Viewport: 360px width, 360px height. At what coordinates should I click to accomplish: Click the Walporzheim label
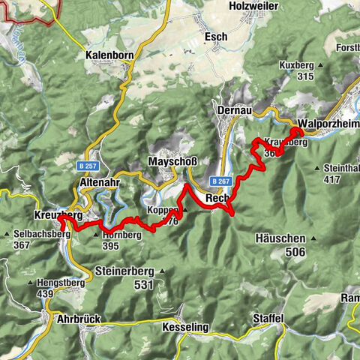point(328,124)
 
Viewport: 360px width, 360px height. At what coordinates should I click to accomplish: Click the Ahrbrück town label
point(79,319)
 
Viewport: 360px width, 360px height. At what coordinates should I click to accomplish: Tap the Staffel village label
point(268,319)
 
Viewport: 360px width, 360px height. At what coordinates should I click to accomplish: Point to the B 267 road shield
point(220,181)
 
